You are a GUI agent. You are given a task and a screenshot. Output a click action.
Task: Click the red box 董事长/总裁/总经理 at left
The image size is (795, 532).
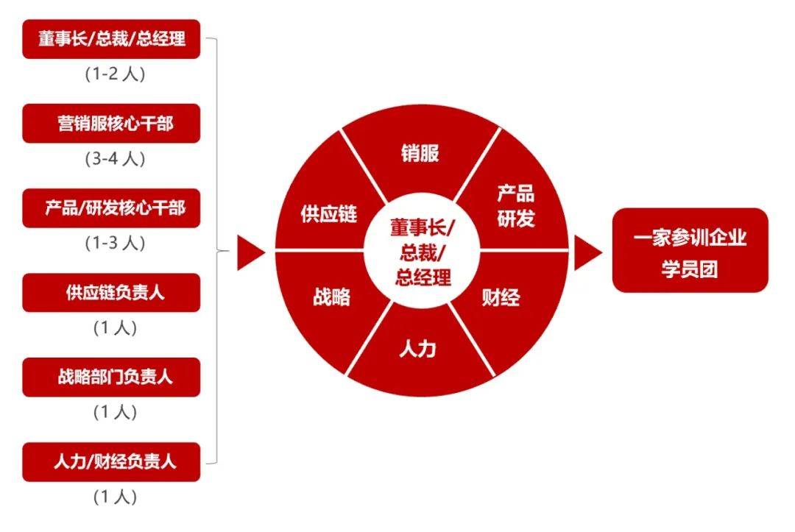pos(112,39)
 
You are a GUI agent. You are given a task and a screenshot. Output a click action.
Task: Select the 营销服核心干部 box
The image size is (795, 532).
pos(112,123)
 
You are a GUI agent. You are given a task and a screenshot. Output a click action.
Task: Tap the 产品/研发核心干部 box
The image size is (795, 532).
pos(112,208)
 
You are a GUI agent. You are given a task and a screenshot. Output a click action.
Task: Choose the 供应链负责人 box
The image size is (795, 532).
pos(112,292)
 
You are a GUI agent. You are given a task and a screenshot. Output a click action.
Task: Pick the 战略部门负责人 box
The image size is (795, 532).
pos(112,377)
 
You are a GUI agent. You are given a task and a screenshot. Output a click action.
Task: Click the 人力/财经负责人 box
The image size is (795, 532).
pos(112,461)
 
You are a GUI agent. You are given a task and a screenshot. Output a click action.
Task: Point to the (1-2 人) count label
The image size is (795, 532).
pos(115,74)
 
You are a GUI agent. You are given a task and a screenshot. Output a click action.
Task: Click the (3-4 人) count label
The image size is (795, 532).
pos(115,159)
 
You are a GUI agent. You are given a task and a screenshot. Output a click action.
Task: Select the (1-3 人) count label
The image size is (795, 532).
pos(115,244)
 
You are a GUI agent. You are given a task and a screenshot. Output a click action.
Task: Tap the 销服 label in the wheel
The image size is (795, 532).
pos(420,153)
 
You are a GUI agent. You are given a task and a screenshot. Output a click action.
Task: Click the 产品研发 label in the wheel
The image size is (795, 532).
pos(515,206)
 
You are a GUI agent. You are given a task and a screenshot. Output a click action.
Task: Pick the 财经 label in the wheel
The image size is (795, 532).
pos(501,297)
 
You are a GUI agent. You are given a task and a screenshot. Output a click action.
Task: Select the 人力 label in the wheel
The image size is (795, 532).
pos(417,349)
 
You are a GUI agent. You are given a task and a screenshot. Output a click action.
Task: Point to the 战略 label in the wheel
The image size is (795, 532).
pos(331,297)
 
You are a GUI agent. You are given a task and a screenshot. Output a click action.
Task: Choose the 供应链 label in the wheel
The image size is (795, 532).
pos(329,214)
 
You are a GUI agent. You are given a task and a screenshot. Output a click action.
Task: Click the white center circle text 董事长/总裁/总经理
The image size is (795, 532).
pos(423,252)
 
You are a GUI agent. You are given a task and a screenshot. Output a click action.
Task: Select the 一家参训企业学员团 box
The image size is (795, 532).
pos(690,250)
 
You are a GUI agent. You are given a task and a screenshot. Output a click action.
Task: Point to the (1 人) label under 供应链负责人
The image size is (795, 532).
pos(115,328)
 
